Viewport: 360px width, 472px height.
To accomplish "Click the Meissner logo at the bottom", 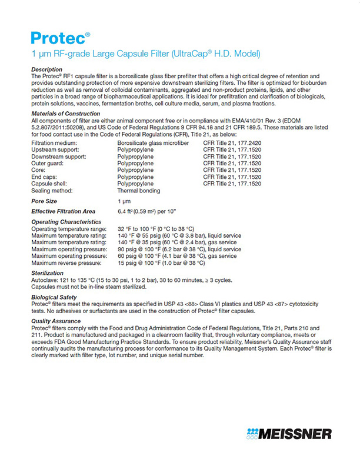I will tap(289, 434).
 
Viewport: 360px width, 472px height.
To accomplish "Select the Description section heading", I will tap(46, 69).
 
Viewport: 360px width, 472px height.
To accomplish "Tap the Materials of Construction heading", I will tap(65, 114).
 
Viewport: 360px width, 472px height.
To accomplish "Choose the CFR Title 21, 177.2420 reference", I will tap(234, 142).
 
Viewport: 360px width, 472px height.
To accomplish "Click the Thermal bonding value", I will tap(139, 191).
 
